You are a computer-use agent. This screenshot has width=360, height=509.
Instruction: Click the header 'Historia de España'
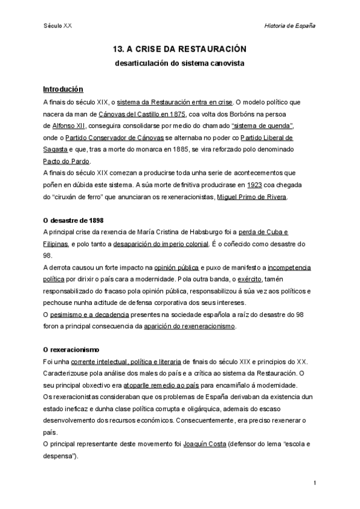coord(290,26)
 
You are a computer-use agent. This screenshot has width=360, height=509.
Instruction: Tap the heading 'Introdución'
coord(63,89)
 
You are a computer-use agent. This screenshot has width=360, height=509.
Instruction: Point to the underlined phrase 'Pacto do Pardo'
coord(67,161)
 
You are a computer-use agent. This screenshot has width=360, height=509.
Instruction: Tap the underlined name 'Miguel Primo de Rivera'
coord(252,197)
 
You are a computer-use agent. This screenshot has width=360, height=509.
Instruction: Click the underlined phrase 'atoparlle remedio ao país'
coord(167,385)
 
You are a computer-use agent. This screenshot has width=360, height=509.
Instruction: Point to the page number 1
coord(314,483)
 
